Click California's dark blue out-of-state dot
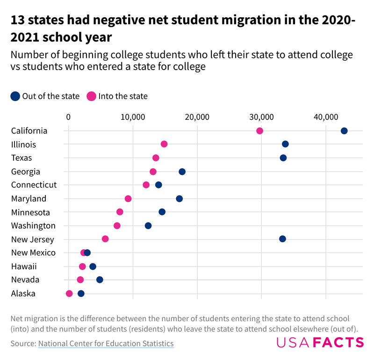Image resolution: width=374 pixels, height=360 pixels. (x=344, y=131)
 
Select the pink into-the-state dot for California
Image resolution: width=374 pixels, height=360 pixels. (x=259, y=131)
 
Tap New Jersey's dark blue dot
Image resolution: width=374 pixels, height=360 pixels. (x=282, y=239)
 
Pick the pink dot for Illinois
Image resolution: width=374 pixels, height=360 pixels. (x=164, y=144)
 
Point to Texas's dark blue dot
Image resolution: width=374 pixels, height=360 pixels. (x=283, y=158)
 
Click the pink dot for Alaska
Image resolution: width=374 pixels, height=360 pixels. (x=69, y=294)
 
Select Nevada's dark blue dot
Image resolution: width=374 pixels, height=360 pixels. (x=100, y=280)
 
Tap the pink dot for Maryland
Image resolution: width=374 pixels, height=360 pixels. (x=128, y=199)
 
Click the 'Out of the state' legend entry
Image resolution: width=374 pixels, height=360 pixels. (x=45, y=96)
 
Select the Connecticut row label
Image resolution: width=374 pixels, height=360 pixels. (x=34, y=185)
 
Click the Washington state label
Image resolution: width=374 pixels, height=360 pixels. (x=33, y=226)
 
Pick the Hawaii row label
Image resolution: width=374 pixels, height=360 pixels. (x=24, y=266)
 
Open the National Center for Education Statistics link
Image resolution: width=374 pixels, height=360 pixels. (x=106, y=344)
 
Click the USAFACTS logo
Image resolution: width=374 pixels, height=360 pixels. (x=320, y=343)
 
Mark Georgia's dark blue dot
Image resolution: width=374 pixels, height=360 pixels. (x=182, y=172)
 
